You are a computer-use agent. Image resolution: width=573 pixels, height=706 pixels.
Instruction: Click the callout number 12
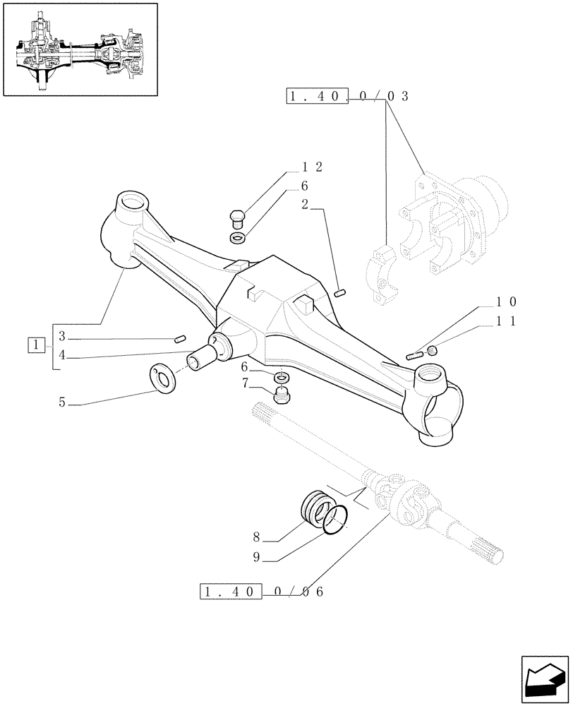(312, 167)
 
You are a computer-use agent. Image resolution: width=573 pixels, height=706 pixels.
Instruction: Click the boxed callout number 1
(35, 345)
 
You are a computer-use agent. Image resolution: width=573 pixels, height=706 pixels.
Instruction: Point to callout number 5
(62, 403)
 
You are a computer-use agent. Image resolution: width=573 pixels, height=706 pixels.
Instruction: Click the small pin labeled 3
(179, 339)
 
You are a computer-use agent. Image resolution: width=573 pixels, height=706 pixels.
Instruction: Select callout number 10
(506, 301)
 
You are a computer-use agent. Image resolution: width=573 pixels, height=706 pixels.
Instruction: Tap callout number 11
(506, 321)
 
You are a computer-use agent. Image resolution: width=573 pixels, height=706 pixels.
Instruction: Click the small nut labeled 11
(433, 350)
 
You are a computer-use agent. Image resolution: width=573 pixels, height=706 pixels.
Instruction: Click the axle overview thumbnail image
(79, 49)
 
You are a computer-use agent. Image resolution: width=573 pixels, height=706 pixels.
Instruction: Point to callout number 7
(246, 383)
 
